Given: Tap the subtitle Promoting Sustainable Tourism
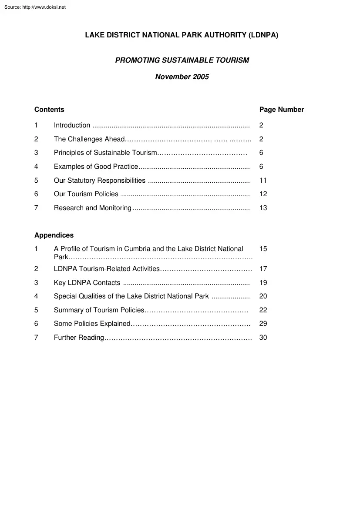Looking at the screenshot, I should (182, 60).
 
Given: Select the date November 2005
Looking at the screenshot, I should (182, 77).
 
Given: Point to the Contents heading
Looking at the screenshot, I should (49, 110).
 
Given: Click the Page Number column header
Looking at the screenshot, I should (282, 110).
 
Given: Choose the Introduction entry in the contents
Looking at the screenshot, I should (72, 125).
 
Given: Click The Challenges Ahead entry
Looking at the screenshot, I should (89, 139).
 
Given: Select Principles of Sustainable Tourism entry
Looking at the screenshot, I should (105, 153).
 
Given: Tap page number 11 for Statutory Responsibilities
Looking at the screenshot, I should (263, 181).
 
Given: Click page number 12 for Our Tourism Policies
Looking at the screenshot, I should (263, 194).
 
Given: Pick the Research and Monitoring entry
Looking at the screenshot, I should (92, 208).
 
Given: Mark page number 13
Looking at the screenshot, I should (263, 208).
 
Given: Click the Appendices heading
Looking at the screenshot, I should (54, 235).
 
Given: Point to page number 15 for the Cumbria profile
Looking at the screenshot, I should (263, 249).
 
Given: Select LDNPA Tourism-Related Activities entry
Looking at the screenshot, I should (107, 269).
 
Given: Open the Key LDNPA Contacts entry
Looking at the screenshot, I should (87, 283).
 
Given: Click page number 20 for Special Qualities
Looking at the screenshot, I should (263, 296).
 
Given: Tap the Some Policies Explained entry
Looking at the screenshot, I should (92, 324).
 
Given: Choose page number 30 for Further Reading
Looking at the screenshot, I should (263, 338).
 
